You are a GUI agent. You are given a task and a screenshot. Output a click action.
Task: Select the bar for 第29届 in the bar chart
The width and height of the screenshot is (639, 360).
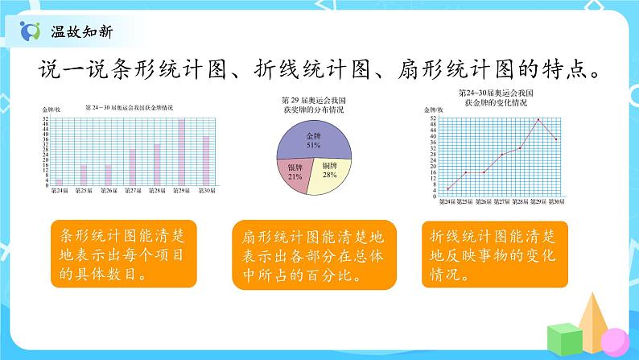181,153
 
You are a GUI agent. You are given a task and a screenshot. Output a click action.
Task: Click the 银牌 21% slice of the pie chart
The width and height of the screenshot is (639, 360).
295,172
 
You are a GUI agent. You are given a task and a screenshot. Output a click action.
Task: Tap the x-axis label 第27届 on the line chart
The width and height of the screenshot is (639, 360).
501,202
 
